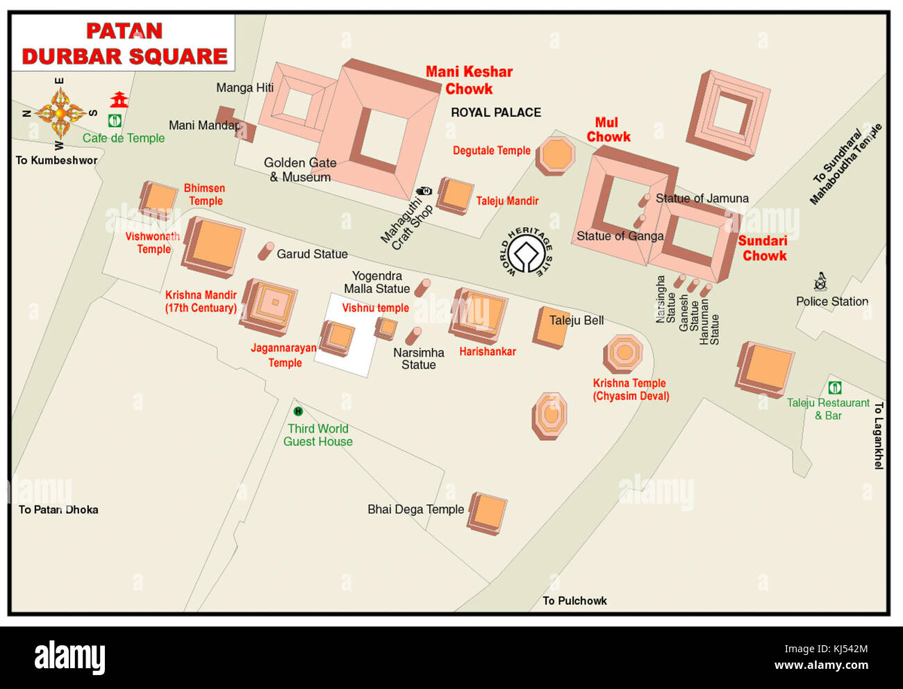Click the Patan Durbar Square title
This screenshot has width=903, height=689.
coord(124,44)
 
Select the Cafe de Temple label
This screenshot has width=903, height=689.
coord(124,138)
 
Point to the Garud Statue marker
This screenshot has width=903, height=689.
coord(265,251)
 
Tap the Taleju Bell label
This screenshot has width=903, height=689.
coord(576,320)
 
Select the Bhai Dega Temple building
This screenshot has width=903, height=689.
coord(488,513)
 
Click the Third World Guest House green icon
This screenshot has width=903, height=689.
coord(298,412)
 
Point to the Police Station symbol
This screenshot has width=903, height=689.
coord(820,282)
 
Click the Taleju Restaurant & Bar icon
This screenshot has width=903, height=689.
coord(835,388)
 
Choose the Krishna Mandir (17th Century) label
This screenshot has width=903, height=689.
coord(201,301)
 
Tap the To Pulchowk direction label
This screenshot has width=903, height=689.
coord(574,601)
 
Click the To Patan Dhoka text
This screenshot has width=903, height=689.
coord(58,510)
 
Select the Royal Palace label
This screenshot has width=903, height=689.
coord(495,113)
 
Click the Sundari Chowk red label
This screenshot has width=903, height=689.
coord(763,249)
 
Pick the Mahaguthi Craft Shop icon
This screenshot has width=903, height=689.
coord(424,191)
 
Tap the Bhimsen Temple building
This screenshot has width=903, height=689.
coord(158,199)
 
